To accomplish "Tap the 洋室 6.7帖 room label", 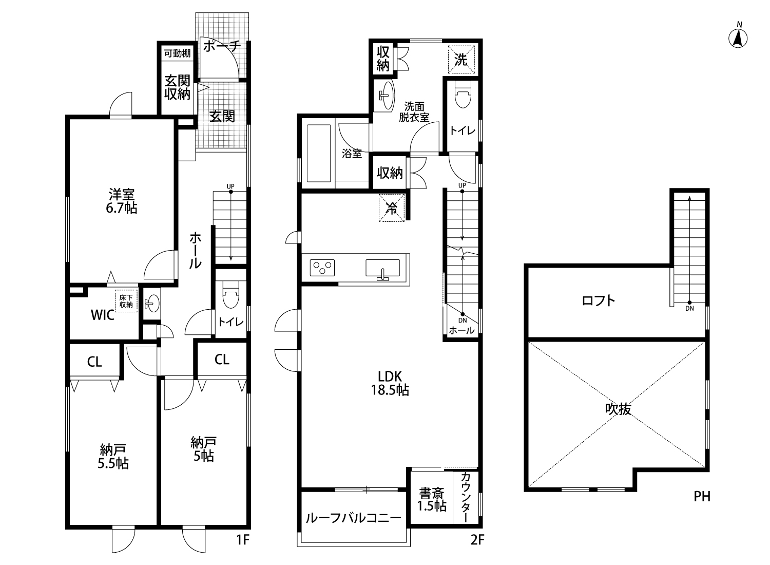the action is click(x=121, y=201).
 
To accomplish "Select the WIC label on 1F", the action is click(x=103, y=315).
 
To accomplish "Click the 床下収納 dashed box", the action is click(x=126, y=301).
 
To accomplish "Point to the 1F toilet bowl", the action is click(x=230, y=295).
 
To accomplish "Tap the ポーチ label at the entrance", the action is click(x=222, y=46).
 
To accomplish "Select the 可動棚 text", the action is click(x=177, y=53).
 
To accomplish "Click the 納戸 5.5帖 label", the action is click(x=113, y=457).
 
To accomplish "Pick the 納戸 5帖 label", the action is click(x=203, y=449).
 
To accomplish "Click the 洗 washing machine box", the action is click(x=461, y=60).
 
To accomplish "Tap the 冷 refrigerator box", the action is click(x=392, y=208).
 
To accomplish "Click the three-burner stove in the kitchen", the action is click(x=322, y=268).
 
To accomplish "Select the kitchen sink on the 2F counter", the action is click(x=382, y=269).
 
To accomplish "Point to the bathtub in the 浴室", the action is click(x=319, y=154).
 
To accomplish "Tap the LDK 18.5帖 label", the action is click(x=390, y=384).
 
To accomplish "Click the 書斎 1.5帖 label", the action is click(x=432, y=500).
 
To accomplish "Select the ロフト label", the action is click(x=599, y=301).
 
